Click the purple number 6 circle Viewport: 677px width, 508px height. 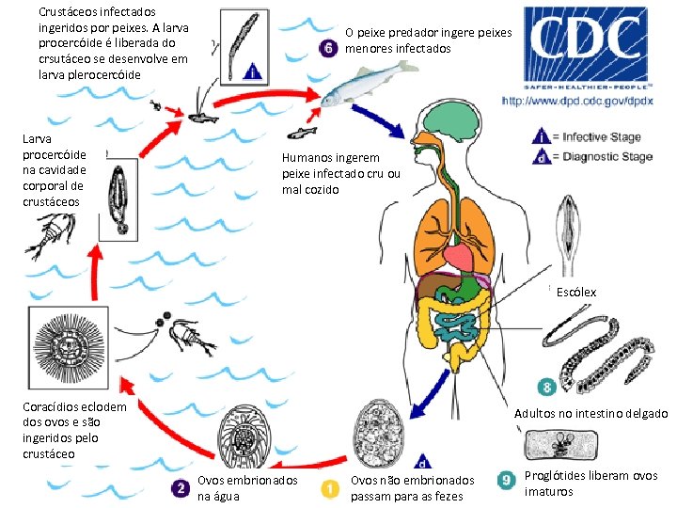click(x=329, y=49)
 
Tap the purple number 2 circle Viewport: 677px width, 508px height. click(x=180, y=488)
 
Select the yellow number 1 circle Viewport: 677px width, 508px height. click(x=331, y=488)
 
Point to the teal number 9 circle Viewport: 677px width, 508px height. click(x=507, y=481)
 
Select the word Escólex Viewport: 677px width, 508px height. click(x=575, y=293)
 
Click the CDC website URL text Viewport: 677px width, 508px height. click(x=577, y=99)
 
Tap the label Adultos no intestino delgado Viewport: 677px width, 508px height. click(x=590, y=414)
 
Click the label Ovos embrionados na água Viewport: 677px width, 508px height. click(x=247, y=488)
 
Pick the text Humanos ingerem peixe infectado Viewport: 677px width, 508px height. click(x=341, y=174)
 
